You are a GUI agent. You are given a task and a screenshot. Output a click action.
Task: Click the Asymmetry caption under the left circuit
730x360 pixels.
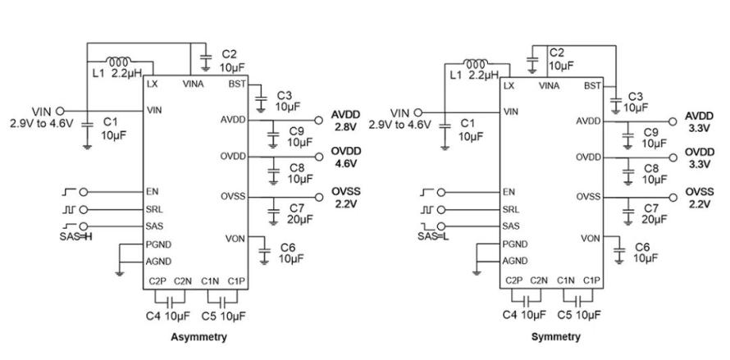tap(198, 337)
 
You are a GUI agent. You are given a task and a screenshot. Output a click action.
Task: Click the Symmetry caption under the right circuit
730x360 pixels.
tap(556, 337)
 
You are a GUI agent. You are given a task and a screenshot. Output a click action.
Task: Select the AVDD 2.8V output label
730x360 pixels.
tap(346, 121)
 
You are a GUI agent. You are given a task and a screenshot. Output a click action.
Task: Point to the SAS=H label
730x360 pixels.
tap(76, 237)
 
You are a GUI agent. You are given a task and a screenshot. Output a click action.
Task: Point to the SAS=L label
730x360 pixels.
tap(433, 237)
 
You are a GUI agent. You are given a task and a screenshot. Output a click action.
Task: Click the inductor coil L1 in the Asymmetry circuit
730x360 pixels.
tap(119, 61)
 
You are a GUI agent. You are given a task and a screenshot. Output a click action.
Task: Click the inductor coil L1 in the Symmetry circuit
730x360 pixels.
tap(476, 62)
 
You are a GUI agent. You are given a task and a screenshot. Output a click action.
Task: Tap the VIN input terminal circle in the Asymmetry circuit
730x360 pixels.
tap(60, 112)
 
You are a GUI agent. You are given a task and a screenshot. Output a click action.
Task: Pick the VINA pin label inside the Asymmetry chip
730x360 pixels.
tap(192, 84)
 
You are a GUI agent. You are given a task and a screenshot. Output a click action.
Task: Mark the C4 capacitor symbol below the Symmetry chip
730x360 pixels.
tap(526, 299)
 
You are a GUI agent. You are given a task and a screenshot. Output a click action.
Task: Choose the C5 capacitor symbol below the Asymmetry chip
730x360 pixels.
tap(222, 298)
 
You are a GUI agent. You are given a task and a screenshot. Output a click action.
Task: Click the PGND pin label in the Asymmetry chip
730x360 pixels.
tap(159, 244)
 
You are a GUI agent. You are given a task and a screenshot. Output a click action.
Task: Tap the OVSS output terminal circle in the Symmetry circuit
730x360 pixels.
tap(673, 198)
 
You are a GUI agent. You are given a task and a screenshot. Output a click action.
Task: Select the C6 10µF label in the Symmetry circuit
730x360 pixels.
tap(646, 253)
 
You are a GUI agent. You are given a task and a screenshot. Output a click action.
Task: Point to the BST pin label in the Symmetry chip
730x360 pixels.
tap(593, 86)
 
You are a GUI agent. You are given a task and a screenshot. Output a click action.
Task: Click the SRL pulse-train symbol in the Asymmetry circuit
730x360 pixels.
tap(68, 209)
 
